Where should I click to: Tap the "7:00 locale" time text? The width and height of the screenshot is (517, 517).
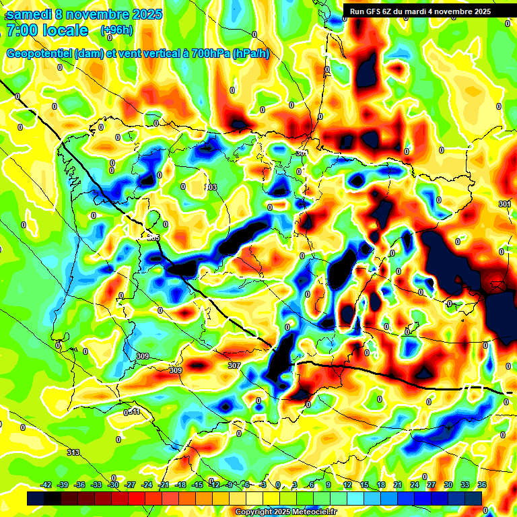coord(47,30)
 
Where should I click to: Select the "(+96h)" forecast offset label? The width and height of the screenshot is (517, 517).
coord(116,30)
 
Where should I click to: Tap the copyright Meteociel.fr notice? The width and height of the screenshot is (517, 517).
coord(286,512)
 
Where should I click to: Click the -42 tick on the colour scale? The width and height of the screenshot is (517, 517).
coord(46,485)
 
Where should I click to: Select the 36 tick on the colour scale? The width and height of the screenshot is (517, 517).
coord(482,485)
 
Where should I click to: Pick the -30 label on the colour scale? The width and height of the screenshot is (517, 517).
coord(114,485)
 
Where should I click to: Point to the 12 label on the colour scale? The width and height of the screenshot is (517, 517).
coord(347,485)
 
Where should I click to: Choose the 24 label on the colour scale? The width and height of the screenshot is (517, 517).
coord(415,485)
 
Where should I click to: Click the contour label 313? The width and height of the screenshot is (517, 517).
coord(73,452)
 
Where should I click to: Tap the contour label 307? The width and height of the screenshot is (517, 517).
coord(234,366)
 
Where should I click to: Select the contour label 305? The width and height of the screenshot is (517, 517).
coord(153,237)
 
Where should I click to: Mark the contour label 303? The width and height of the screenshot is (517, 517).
coord(211,187)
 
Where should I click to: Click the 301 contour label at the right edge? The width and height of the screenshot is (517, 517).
coord(505,203)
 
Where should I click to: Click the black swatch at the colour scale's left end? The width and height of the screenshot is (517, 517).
coord(36,498)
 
